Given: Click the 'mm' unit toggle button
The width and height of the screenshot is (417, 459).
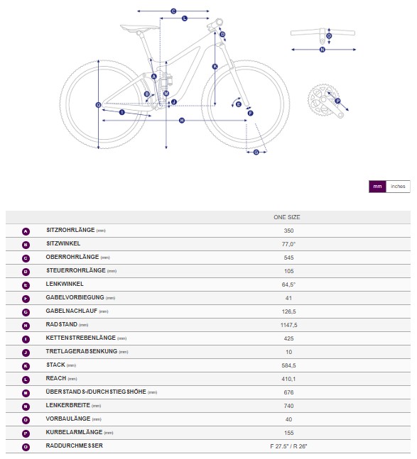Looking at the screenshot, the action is [x=377, y=187].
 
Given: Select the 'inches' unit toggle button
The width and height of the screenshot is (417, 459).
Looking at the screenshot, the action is [x=398, y=187].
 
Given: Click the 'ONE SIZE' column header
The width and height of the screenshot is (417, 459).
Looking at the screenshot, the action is [x=287, y=217].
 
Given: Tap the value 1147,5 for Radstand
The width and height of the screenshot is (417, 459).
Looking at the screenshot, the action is [x=288, y=325].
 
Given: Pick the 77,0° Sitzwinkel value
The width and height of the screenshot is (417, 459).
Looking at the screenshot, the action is [x=288, y=244].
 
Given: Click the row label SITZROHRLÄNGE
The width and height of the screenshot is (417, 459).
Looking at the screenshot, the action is [x=70, y=230].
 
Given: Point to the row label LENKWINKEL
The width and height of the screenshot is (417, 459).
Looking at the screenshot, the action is [x=65, y=284].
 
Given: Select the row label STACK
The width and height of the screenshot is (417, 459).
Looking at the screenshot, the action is [x=55, y=365].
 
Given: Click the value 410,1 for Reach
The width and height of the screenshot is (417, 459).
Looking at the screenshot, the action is [x=288, y=379].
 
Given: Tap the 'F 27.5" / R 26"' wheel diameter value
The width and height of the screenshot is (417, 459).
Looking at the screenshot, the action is [x=288, y=446].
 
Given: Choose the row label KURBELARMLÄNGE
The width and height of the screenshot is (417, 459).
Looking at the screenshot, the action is [x=74, y=432].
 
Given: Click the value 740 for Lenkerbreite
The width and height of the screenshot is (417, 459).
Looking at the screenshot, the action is [x=288, y=406].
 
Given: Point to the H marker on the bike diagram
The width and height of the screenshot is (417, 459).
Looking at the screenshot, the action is [x=182, y=121].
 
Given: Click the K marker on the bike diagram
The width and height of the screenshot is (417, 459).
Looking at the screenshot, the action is [x=215, y=67].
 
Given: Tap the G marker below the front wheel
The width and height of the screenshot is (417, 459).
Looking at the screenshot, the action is [x=256, y=153].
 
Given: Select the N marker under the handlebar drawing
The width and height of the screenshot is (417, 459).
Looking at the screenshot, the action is [x=323, y=50].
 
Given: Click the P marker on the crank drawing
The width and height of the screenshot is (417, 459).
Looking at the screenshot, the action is [x=337, y=101].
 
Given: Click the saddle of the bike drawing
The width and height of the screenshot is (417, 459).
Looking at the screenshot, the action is [x=139, y=28].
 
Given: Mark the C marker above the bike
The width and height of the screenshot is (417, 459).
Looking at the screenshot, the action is [x=173, y=11].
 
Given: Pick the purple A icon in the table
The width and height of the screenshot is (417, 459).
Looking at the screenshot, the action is [x=26, y=231].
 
